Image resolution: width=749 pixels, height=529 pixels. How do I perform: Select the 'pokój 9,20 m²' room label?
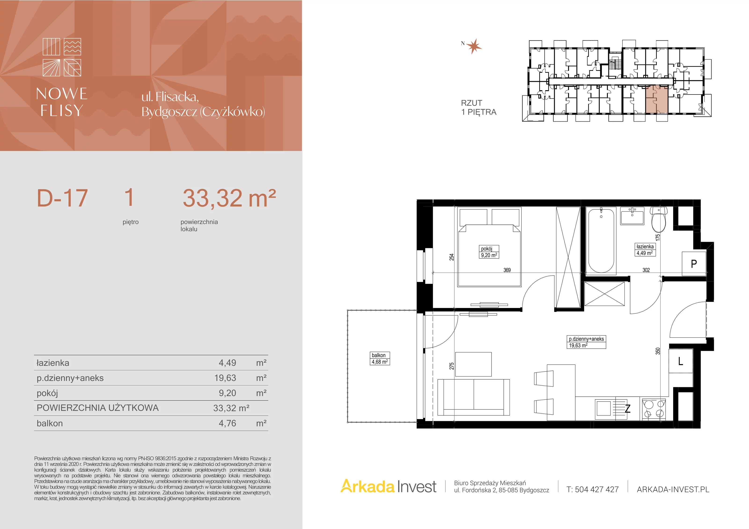pyautogui.click(x=489, y=252)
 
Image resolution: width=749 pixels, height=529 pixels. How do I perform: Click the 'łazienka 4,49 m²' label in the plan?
pyautogui.click(x=645, y=250)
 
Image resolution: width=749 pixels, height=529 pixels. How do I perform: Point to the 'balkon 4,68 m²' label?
pyautogui.click(x=380, y=358)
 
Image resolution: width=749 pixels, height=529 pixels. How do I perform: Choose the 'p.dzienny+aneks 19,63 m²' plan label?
pyautogui.click(x=586, y=342)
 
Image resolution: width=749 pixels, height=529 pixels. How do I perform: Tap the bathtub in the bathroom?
pyautogui.click(x=601, y=241)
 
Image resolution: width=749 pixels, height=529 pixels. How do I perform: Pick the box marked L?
pyautogui.click(x=680, y=361)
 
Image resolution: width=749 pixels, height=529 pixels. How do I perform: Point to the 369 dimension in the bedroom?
pyautogui.click(x=507, y=270)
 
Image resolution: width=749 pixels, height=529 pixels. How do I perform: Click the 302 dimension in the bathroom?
pyautogui.click(x=646, y=270)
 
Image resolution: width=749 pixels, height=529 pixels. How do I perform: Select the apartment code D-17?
pyautogui.click(x=62, y=198)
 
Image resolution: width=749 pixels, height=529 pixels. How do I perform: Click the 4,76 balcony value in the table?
pyautogui.click(x=227, y=423)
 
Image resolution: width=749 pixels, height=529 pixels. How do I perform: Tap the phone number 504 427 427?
pyautogui.click(x=597, y=489)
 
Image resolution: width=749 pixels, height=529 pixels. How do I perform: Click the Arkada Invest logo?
pyautogui.click(x=388, y=486)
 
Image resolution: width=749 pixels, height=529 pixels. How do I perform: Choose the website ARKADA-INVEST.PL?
pyautogui.click(x=673, y=489)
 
